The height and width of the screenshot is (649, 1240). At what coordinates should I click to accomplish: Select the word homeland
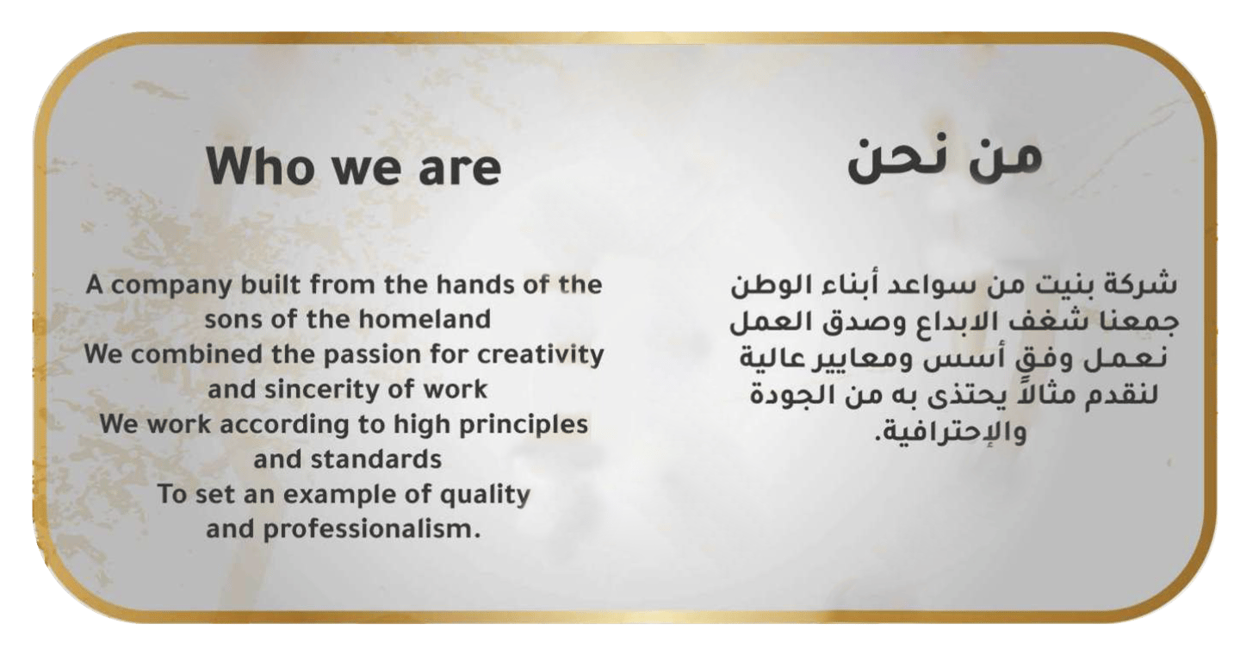425,319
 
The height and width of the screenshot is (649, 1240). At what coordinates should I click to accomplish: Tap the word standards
375,459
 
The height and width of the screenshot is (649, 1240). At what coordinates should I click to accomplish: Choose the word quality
477,495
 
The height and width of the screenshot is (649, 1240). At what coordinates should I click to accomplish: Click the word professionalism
371,529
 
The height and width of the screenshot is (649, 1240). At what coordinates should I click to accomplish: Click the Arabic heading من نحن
945,159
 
